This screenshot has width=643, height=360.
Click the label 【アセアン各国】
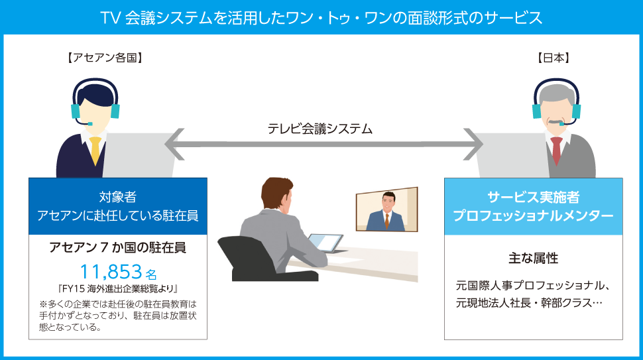(x=105, y=58)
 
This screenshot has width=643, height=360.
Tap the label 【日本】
(x=554, y=58)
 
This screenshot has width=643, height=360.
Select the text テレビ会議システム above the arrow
(x=320, y=129)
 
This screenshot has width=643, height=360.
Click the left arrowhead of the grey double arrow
(x=174, y=144)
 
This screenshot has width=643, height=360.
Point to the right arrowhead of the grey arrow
(x=474, y=144)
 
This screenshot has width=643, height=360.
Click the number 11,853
(x=111, y=272)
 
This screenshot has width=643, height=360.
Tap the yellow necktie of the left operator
(x=95, y=150)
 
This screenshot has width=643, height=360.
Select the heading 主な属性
(x=533, y=259)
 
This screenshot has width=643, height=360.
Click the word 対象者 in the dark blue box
(x=118, y=197)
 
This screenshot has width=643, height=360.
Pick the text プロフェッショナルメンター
(x=533, y=215)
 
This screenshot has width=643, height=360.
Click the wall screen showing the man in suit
(x=386, y=209)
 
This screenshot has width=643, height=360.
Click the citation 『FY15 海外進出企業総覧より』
(x=118, y=288)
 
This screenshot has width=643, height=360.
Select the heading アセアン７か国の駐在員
(x=118, y=247)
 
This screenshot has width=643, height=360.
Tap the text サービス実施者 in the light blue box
(x=533, y=197)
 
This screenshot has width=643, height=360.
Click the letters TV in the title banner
(x=110, y=18)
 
